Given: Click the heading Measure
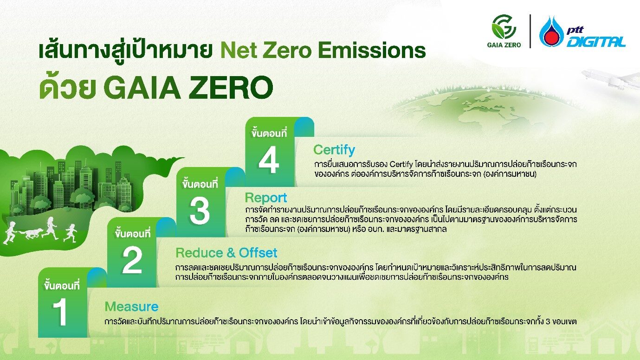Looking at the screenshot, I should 131,307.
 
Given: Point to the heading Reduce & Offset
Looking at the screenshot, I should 226,253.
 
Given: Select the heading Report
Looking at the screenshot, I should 266,198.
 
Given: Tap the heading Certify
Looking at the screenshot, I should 334,150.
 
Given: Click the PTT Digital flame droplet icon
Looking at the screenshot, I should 551,32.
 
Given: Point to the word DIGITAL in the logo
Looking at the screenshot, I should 596,42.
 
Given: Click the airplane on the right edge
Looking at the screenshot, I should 608,79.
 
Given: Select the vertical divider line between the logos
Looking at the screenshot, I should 530,32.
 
